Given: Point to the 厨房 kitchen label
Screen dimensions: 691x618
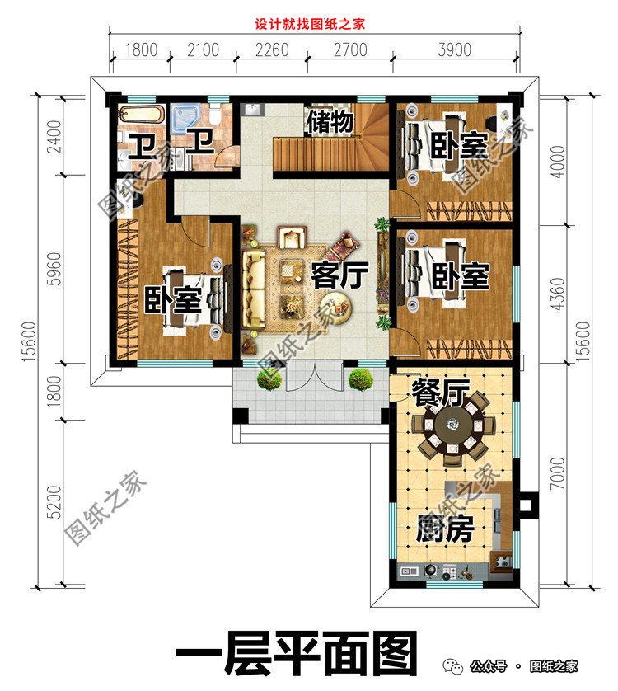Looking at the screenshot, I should tap(444, 529).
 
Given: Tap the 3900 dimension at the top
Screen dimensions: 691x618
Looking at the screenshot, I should tap(456, 50).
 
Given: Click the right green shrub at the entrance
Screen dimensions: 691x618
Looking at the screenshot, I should tap(359, 378).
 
